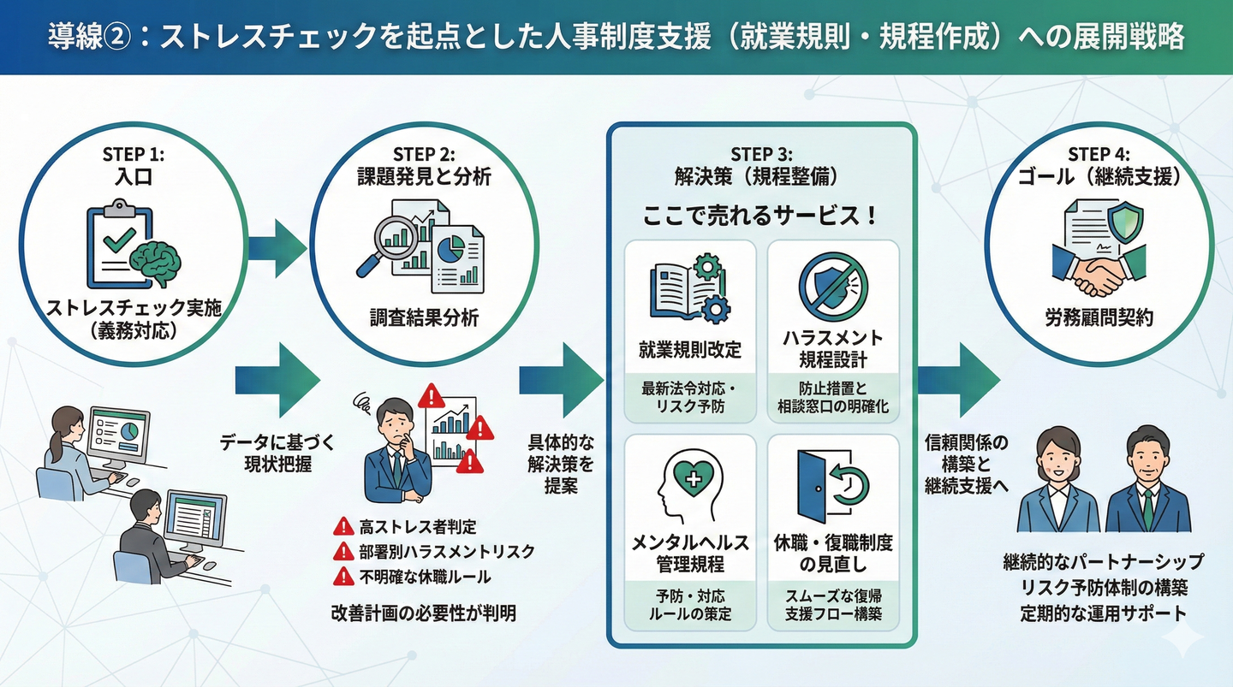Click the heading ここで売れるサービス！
pyautogui.click(x=761, y=216)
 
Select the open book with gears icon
pyautogui.click(x=690, y=290)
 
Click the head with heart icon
pyautogui.click(x=690, y=483)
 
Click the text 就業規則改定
pyautogui.click(x=690, y=350)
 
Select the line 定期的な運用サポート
pyautogui.click(x=1103, y=613)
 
